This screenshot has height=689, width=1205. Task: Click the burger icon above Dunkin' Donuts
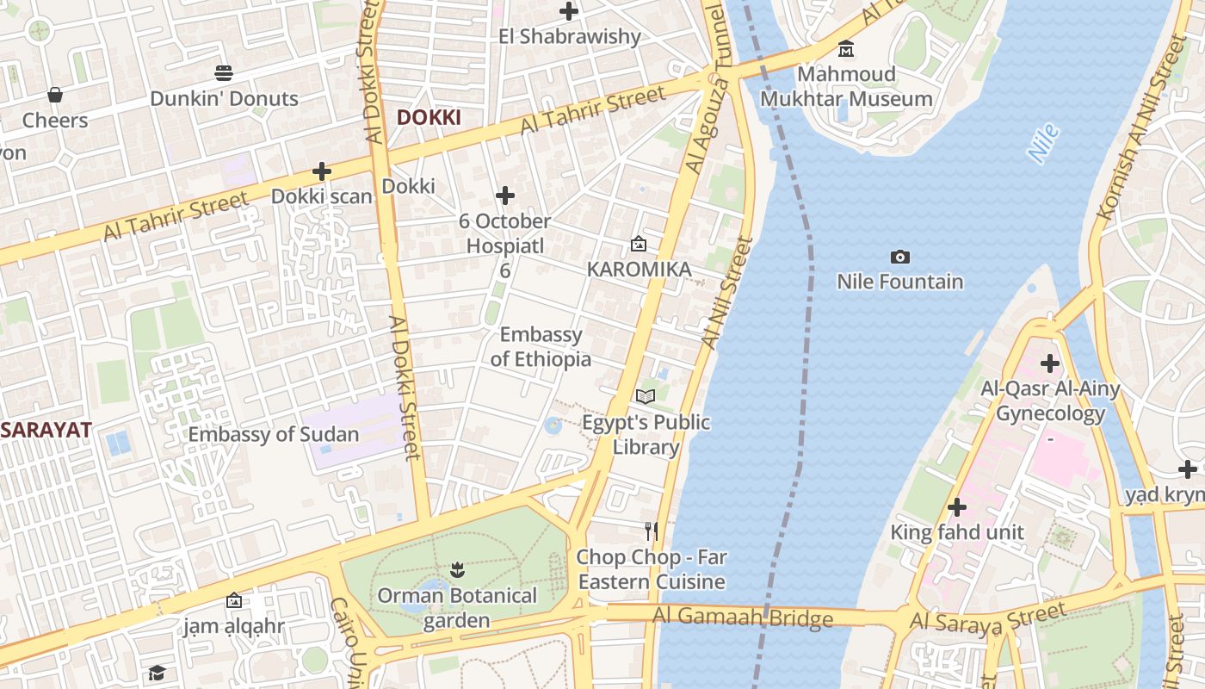coord(224,72)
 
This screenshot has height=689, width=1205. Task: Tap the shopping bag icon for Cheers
coord(55,94)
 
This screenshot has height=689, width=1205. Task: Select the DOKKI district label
coord(429,118)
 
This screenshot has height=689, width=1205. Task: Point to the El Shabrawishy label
coord(570,36)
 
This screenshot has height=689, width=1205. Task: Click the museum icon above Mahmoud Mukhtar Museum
coord(846,48)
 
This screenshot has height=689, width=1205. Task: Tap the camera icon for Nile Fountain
coord(900,257)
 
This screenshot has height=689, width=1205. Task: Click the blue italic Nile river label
coord(1043,144)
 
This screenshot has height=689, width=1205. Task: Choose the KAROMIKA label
coord(639,270)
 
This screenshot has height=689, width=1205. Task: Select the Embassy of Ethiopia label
coord(541,346)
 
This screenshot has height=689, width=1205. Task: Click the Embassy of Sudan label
coord(274,434)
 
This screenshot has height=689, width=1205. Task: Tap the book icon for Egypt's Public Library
coord(646,396)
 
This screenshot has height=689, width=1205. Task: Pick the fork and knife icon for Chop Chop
coord(652,531)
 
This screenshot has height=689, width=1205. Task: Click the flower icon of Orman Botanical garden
coord(456,569)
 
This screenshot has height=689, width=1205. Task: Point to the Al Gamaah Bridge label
coord(742,617)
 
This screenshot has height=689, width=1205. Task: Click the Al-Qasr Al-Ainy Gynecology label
coord(1050,401)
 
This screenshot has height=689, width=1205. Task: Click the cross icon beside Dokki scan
coord(322,171)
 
